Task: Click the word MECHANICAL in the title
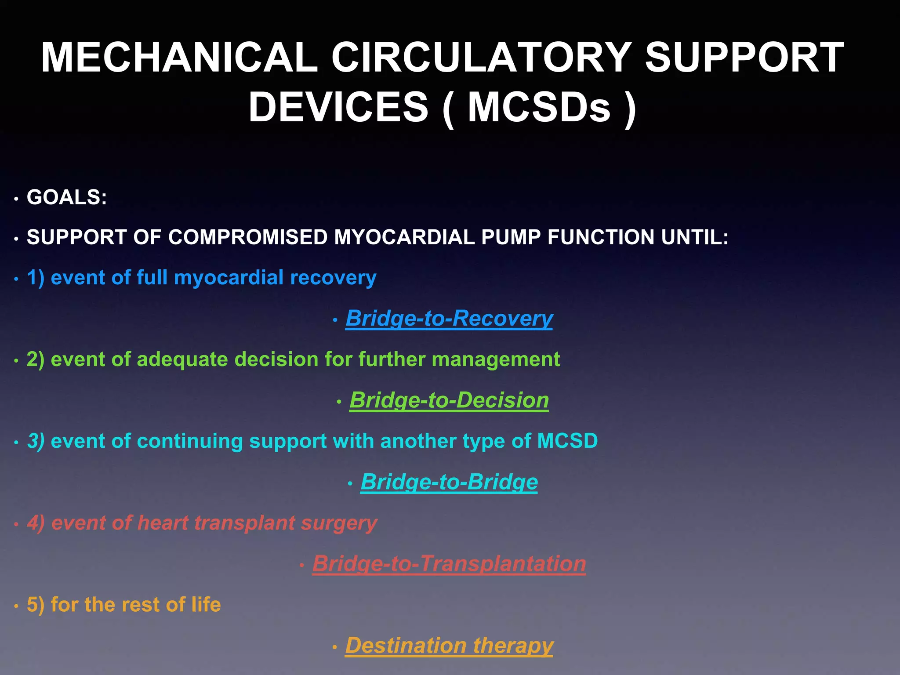tap(179, 58)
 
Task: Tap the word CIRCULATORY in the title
tap(481, 58)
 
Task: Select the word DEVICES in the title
tap(338, 107)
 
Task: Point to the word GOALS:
tap(67, 197)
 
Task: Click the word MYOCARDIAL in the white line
tap(404, 237)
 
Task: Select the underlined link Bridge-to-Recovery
tap(449, 318)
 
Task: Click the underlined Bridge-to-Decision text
tap(449, 400)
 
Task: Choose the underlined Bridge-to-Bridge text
tap(449, 482)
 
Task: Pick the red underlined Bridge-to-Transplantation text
tap(449, 564)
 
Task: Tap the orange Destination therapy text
tap(449, 646)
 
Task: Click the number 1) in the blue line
tap(36, 278)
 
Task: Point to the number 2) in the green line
tap(36, 359)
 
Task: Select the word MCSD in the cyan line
tap(567, 441)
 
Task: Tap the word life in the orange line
tap(206, 605)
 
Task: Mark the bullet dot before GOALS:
tap(16, 199)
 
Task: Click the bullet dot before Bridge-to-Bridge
tap(350, 484)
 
